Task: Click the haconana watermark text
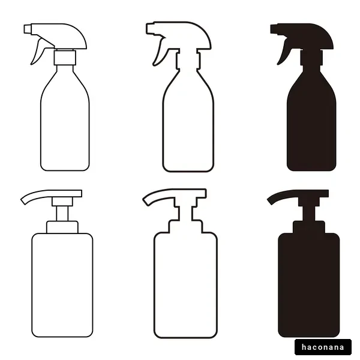pos(323,347)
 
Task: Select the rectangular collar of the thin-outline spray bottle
pos(65,58)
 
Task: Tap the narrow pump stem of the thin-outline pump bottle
pos(62,214)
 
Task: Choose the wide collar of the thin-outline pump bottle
pos(62,227)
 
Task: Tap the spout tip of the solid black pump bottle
pos(269,202)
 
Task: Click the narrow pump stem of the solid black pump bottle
pos(309,214)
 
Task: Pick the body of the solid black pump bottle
pos(309,285)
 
